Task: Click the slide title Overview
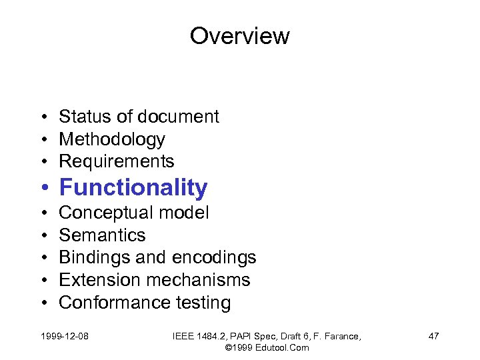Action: [239, 35]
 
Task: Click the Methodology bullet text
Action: [112, 139]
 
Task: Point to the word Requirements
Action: [117, 161]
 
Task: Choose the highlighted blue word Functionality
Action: [133, 188]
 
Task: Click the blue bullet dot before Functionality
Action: [43, 189]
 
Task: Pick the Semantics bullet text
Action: [102, 235]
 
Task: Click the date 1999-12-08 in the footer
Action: [64, 336]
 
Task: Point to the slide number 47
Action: [433, 336]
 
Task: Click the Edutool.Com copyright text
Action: [267, 347]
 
